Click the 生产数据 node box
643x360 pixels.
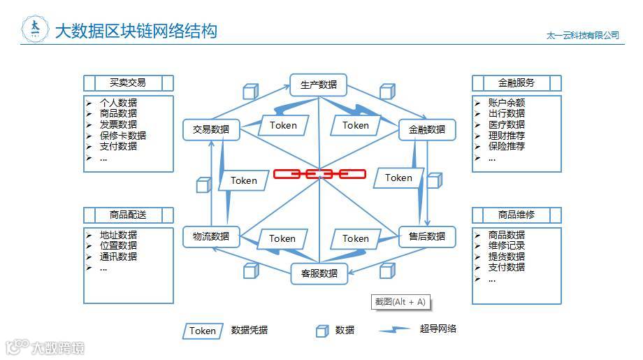click(x=319, y=85)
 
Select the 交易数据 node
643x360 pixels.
click(x=211, y=129)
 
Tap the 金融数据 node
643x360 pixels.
click(x=427, y=129)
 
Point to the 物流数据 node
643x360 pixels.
click(x=211, y=236)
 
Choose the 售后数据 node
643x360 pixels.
click(x=427, y=236)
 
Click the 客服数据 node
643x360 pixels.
click(x=319, y=273)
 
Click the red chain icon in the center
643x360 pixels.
click(x=319, y=173)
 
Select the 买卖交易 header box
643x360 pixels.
click(x=128, y=82)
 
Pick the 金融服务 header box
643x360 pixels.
click(x=516, y=82)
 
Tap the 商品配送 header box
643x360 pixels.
click(x=128, y=215)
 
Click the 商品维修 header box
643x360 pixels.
click(x=516, y=215)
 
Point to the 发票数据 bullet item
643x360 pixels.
click(x=118, y=124)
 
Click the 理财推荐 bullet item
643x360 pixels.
click(x=507, y=136)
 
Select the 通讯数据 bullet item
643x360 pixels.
click(x=118, y=257)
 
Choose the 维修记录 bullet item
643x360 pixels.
click(x=507, y=246)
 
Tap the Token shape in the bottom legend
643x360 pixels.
click(x=203, y=331)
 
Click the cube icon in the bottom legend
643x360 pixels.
click(x=321, y=331)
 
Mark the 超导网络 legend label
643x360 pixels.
click(x=438, y=329)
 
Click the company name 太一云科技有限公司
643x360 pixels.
click(x=583, y=35)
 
